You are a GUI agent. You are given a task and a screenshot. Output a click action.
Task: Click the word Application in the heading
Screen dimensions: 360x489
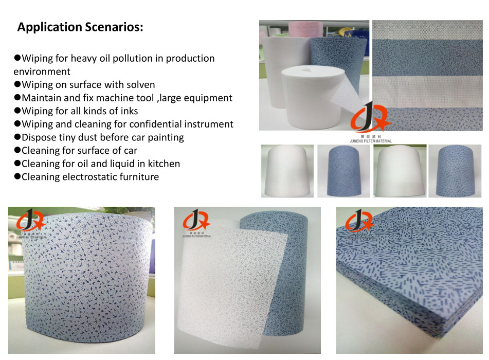point(49,27)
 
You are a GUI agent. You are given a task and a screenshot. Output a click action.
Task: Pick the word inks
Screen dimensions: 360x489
point(128,111)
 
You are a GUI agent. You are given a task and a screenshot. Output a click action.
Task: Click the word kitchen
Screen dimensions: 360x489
point(162,164)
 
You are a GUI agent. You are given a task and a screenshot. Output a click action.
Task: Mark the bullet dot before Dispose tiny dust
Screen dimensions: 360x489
point(17,137)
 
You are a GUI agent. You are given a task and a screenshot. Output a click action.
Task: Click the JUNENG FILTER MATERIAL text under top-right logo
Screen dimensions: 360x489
point(370,141)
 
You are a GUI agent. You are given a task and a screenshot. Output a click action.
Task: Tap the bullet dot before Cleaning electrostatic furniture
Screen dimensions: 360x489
point(17,177)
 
